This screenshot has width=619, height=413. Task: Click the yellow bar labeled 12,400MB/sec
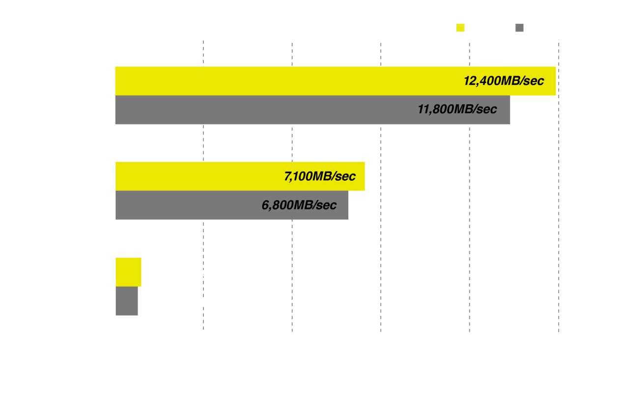tap(335, 81)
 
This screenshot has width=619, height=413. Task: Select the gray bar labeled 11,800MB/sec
tap(312, 110)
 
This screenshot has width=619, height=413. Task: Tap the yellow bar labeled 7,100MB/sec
tap(240, 176)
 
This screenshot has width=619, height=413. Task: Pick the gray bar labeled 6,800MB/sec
tap(231, 205)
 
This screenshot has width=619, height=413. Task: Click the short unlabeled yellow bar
tap(128, 272)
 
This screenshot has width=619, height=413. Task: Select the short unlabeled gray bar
tap(127, 301)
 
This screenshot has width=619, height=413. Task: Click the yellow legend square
tap(460, 28)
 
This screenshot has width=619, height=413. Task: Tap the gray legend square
tap(520, 28)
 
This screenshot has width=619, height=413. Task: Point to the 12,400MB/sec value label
tap(504, 81)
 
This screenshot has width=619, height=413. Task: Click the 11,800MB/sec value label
tap(457, 109)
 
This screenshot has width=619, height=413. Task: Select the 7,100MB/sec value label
tap(320, 177)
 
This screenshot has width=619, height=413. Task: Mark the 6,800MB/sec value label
tap(299, 205)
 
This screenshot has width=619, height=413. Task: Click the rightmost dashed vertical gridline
tap(559, 186)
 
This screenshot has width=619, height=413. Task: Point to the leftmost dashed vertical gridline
tap(203, 185)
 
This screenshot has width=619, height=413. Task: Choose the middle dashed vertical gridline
tap(381, 187)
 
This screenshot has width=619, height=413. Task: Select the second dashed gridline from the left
tap(292, 187)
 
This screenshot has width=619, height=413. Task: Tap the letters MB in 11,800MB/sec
tap(463, 109)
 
